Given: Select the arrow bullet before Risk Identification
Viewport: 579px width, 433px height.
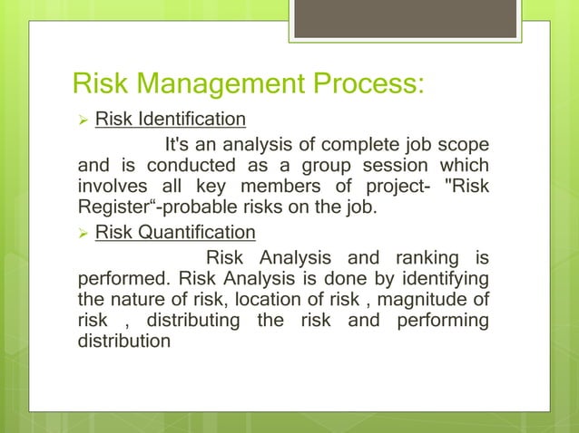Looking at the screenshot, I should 79,120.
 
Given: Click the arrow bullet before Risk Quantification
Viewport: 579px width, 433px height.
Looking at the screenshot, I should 79,231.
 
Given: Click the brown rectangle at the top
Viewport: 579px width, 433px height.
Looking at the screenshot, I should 407,18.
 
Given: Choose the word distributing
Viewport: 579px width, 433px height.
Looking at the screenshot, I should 192,320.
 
